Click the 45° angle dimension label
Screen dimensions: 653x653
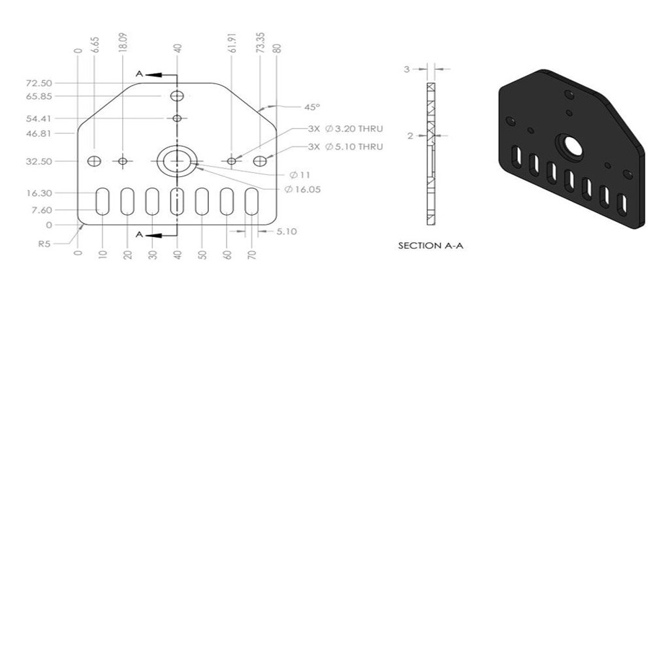point(312,107)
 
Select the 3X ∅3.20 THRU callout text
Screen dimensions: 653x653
point(345,129)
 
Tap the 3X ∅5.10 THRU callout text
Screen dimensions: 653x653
point(345,146)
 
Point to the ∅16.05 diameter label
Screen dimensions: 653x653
point(303,189)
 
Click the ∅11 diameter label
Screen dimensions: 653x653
point(300,175)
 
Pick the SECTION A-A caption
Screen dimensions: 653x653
point(430,246)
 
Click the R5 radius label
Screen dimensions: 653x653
point(44,244)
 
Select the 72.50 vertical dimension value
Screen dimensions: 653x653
point(39,84)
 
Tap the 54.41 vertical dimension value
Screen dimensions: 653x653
point(39,119)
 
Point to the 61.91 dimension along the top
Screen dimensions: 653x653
point(232,43)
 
